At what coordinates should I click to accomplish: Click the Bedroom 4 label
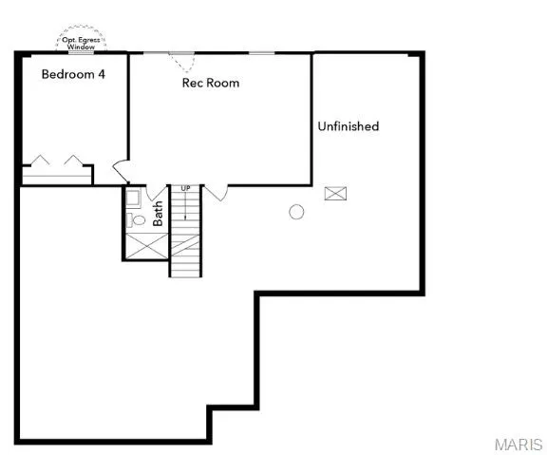coord(72,75)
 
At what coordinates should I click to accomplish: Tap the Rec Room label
coord(210,83)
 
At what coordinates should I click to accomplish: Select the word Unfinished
coord(348,126)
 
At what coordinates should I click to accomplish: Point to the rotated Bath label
coord(158,209)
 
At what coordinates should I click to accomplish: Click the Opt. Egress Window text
coord(82,42)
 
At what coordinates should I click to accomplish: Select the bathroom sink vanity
coord(133,199)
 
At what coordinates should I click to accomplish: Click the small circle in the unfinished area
coord(296,212)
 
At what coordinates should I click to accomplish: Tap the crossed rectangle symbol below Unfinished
coord(335,194)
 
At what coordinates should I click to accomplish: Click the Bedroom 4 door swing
coord(121,172)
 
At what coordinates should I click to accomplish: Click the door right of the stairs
coord(217,193)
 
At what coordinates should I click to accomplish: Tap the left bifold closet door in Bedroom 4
coord(41,161)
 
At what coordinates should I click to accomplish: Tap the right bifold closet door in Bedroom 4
coord(73,161)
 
